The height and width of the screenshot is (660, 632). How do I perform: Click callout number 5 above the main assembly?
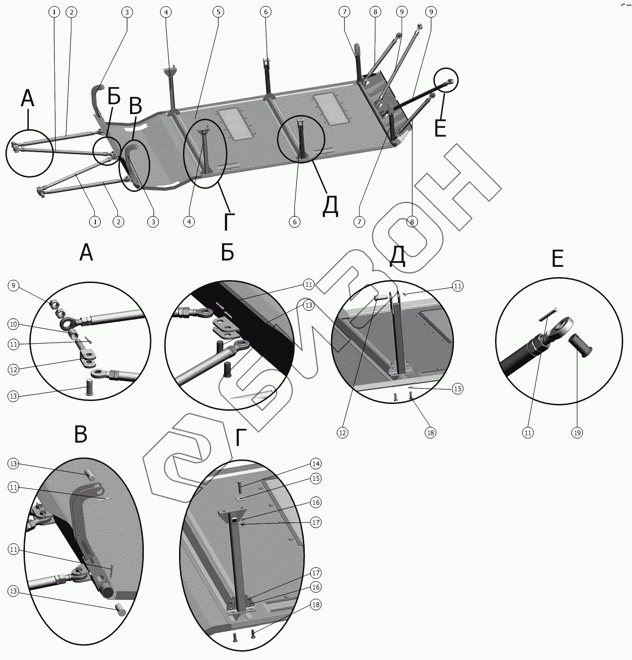click(x=218, y=11)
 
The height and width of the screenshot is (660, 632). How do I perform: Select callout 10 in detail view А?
click(x=13, y=324)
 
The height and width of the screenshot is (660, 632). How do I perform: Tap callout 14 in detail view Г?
click(x=316, y=463)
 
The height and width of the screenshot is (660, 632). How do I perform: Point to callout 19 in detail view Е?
click(x=577, y=432)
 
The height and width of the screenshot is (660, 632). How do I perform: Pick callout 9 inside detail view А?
click(x=13, y=285)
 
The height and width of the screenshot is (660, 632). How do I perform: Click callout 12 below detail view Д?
click(x=342, y=432)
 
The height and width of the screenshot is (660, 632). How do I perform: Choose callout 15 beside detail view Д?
click(x=457, y=389)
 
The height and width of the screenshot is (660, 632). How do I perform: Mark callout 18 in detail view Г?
click(x=316, y=605)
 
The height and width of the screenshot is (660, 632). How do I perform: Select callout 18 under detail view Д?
click(x=430, y=432)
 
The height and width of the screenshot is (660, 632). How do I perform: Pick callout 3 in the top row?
click(x=127, y=11)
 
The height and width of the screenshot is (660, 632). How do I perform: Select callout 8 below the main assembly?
click(x=412, y=222)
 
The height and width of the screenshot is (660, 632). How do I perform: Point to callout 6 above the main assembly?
click(x=266, y=11)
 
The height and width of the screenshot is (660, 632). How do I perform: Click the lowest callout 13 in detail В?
click(x=13, y=591)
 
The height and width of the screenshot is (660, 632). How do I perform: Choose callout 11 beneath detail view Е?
click(x=528, y=432)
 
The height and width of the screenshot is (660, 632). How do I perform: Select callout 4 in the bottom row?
click(x=189, y=222)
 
